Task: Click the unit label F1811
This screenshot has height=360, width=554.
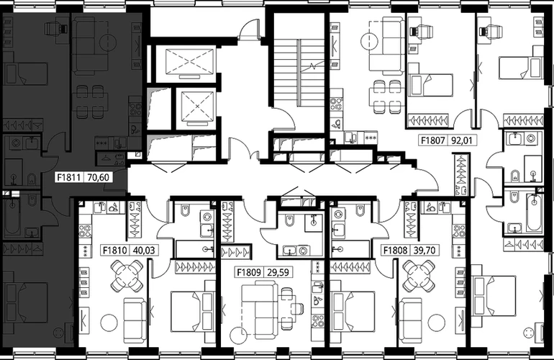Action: click(x=70, y=177)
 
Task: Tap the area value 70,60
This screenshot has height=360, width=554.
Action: click(x=98, y=177)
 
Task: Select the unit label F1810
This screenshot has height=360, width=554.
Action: click(x=114, y=251)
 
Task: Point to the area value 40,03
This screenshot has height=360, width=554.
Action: click(x=144, y=251)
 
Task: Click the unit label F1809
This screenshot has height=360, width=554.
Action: click(x=249, y=272)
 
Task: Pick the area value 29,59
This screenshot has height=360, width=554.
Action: click(x=277, y=272)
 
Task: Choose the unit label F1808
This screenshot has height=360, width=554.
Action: click(x=396, y=251)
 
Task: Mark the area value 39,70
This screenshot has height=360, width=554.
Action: click(x=424, y=251)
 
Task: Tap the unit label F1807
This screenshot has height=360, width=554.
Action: click(x=432, y=140)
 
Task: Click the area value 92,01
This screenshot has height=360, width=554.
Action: click(x=461, y=140)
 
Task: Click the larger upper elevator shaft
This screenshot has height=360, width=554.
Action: click(x=190, y=63)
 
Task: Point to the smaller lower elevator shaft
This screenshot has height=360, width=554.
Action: click(x=197, y=107)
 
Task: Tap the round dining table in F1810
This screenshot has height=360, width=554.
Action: click(x=127, y=276)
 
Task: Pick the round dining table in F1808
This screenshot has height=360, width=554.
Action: click(x=419, y=276)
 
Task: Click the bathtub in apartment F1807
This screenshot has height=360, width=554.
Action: click(x=534, y=212)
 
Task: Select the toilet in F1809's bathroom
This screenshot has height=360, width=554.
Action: click(x=289, y=220)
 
